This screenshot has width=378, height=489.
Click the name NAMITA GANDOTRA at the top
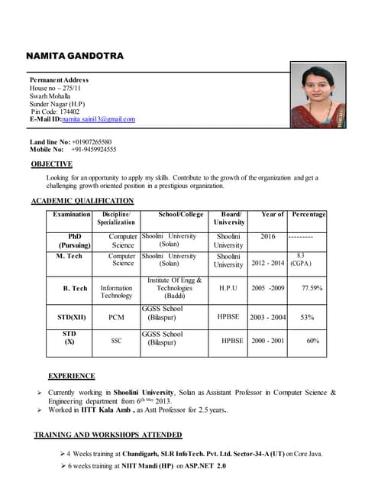(75, 57)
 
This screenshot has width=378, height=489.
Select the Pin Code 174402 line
(55, 112)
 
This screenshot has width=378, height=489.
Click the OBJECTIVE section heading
(52, 164)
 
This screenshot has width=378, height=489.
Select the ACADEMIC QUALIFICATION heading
(82, 201)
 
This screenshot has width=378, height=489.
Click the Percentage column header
(309, 215)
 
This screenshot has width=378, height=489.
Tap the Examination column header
(72, 215)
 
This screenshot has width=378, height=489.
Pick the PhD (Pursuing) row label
(74, 241)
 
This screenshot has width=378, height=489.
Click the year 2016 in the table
(268, 237)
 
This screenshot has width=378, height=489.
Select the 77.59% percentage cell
(312, 288)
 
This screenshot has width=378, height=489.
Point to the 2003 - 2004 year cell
(268, 317)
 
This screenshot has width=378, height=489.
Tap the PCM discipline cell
(117, 317)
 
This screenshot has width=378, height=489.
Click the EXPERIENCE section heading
(72, 376)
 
